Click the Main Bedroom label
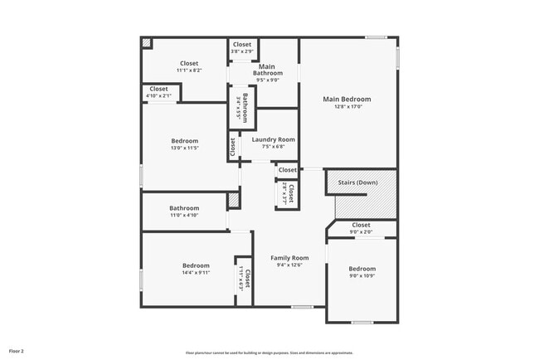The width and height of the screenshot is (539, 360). click(347, 99)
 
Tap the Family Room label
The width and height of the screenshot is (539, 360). click(289, 258)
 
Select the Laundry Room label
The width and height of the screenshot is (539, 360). click(274, 139)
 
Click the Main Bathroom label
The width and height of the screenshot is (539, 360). click(267, 70)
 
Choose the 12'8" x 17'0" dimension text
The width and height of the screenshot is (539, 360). click(347, 107)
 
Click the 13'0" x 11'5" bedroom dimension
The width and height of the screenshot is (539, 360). click(184, 148)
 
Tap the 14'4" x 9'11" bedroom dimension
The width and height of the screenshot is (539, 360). click(184, 272)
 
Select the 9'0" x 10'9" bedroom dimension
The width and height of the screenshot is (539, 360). click(362, 276)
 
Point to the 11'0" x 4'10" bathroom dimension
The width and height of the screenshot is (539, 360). click(184, 215)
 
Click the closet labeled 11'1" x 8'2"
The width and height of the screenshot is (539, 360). click(189, 71)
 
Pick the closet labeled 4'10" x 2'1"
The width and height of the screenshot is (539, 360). click(158, 96)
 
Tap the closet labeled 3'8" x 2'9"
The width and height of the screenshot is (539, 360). click(242, 52)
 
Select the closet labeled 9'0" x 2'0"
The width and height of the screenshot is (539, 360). click(362, 232)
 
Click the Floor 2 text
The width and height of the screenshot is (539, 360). click(17, 351)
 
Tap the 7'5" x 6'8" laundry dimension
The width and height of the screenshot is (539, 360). click(274, 147)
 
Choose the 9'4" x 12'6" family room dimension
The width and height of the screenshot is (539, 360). click(289, 265)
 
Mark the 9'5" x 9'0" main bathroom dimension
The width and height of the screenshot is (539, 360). click(267, 80)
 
